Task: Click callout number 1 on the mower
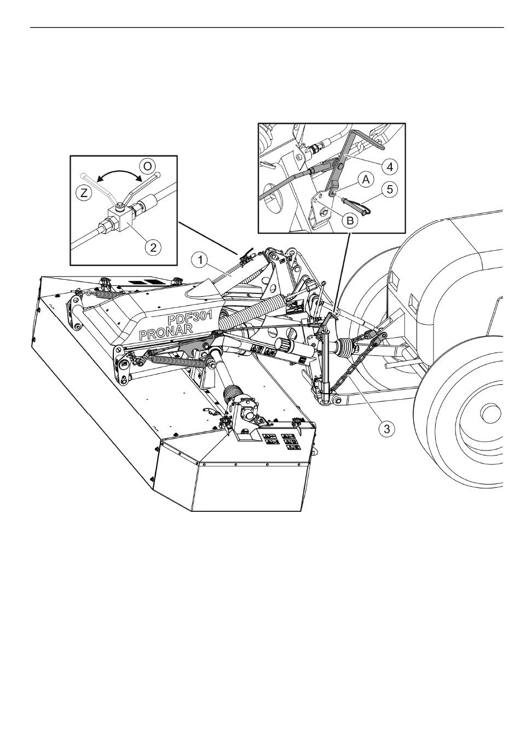click(200, 261)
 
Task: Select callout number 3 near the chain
click(386, 429)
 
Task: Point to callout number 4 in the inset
click(390, 166)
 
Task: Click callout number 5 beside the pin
click(390, 189)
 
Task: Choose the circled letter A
click(366, 180)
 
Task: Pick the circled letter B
click(350, 221)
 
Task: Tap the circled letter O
click(147, 166)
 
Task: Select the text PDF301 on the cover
click(190, 317)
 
